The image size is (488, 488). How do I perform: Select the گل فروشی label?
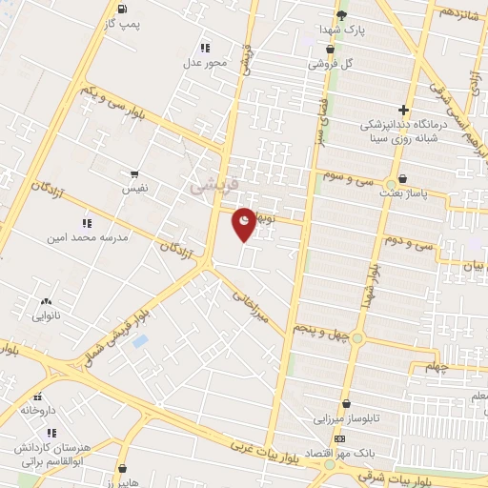tap(330, 65)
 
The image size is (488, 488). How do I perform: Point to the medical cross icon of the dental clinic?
tap(404, 110)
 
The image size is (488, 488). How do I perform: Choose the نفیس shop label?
tap(134, 190)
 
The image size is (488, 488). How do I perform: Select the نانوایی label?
tap(46, 314)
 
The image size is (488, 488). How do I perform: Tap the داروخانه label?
tap(38, 411)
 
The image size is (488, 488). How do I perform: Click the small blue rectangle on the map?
tap(141, 340)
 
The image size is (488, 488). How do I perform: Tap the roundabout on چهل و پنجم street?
tap(357, 337)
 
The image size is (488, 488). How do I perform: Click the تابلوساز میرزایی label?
tap(347, 417)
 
